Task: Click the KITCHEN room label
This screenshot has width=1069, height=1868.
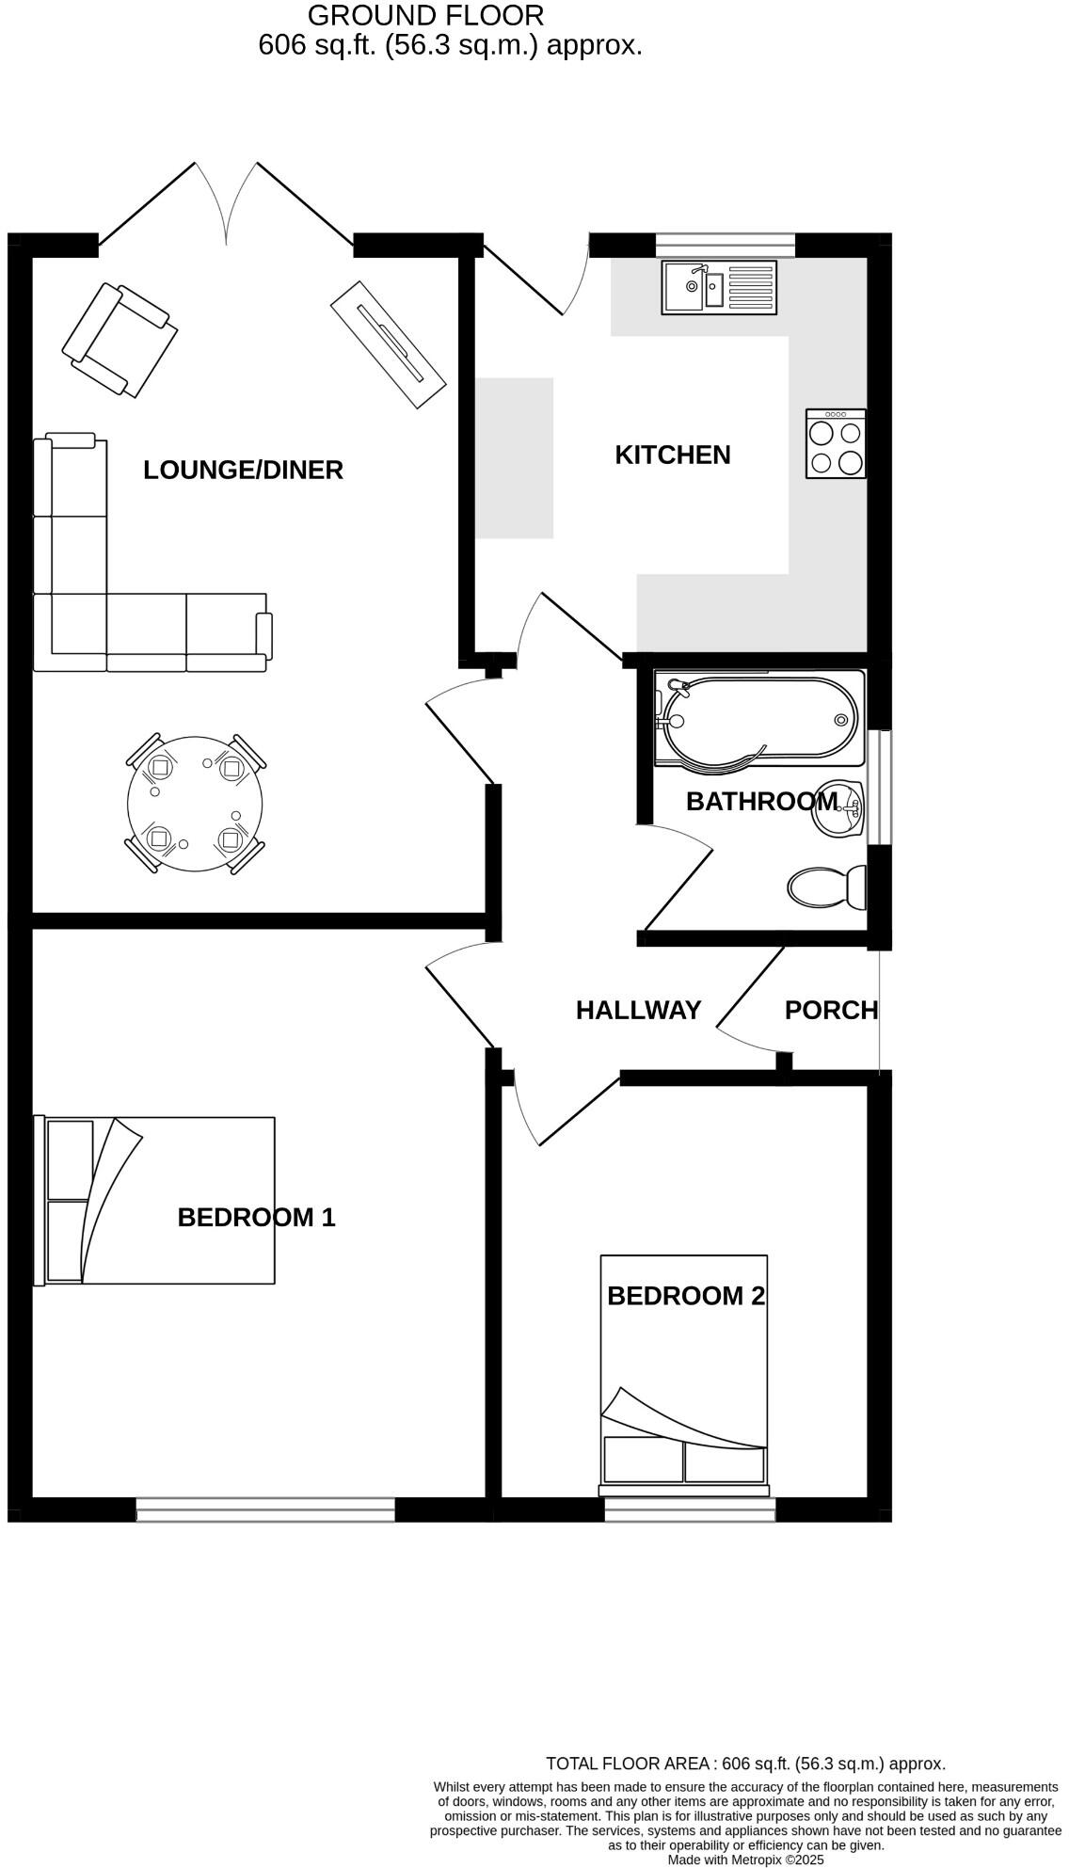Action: pos(672,455)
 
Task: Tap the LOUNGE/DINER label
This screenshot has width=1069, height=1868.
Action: pos(243,470)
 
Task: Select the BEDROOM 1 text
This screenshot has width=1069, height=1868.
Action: pos(256,1218)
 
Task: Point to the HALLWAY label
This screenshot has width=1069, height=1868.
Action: pos(638,1010)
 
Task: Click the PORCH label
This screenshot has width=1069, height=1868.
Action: pos(831,1010)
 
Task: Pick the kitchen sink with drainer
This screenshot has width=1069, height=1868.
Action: pos(719,287)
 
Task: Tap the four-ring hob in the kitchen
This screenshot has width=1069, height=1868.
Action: pos(836,443)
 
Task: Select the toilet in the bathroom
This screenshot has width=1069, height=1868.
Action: pos(826,886)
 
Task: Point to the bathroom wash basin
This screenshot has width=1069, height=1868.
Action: pos(839,808)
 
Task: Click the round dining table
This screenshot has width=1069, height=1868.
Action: pos(195,804)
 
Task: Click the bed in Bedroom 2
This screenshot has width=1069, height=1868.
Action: pos(684,1374)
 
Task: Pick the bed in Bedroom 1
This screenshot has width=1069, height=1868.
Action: pos(156,1200)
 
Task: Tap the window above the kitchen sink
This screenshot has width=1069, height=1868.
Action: pos(725,245)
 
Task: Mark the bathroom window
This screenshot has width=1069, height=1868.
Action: pos(879,787)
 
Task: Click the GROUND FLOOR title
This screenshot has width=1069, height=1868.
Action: pos(425,15)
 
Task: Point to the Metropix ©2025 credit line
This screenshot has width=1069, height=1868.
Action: pos(745,1860)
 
